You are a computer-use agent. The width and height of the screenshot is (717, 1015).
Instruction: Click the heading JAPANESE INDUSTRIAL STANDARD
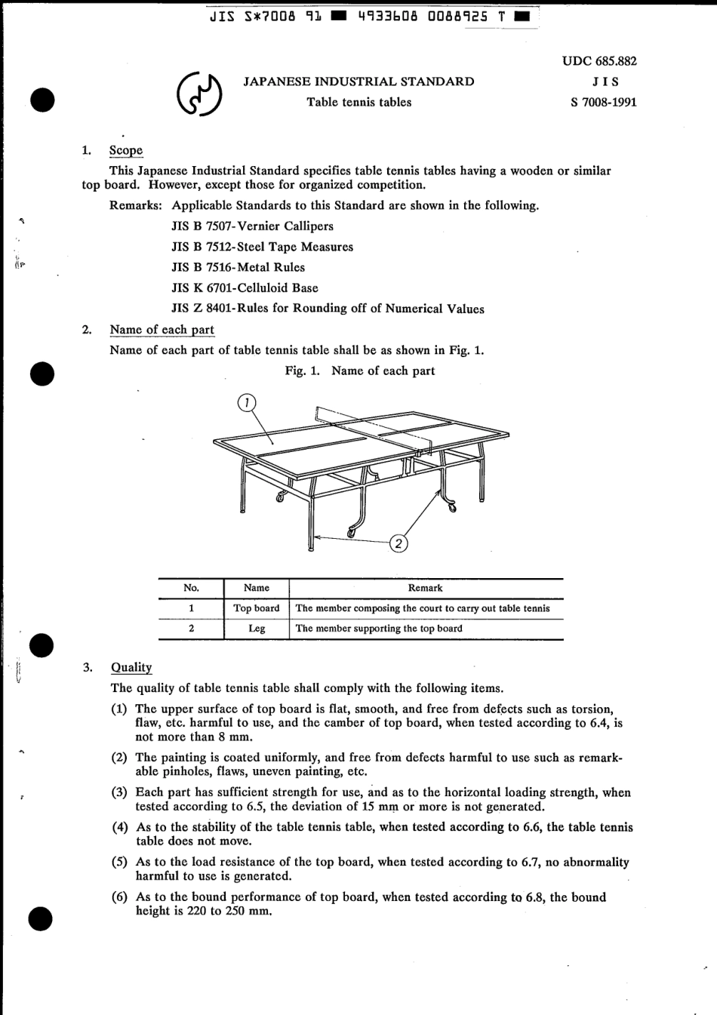tap(358, 82)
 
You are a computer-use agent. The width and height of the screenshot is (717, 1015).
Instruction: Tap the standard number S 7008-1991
tap(603, 102)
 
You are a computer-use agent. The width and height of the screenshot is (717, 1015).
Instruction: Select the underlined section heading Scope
tap(126, 150)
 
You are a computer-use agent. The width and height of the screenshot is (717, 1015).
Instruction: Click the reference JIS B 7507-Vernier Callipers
tap(252, 226)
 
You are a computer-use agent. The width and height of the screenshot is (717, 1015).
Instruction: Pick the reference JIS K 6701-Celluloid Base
tap(245, 288)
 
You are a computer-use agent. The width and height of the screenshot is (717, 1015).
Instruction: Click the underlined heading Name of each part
tap(162, 329)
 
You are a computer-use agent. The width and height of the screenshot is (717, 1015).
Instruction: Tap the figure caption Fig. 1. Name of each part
tap(359, 371)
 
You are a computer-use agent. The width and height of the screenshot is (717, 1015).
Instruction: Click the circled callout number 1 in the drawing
tap(246, 403)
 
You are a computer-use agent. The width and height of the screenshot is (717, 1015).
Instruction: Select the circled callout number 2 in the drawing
tap(399, 543)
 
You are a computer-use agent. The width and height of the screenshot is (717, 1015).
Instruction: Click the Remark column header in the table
tap(426, 588)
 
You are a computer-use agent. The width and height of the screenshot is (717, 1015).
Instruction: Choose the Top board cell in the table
tap(256, 608)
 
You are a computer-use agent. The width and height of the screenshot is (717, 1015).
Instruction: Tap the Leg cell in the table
tap(256, 629)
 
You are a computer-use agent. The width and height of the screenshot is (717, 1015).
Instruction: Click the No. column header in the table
tap(191, 588)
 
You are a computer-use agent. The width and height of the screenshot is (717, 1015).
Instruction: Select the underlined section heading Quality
tap(131, 667)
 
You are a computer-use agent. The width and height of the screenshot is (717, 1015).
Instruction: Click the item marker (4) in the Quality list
tap(120, 827)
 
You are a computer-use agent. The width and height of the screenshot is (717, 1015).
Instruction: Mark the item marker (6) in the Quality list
tap(120, 897)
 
